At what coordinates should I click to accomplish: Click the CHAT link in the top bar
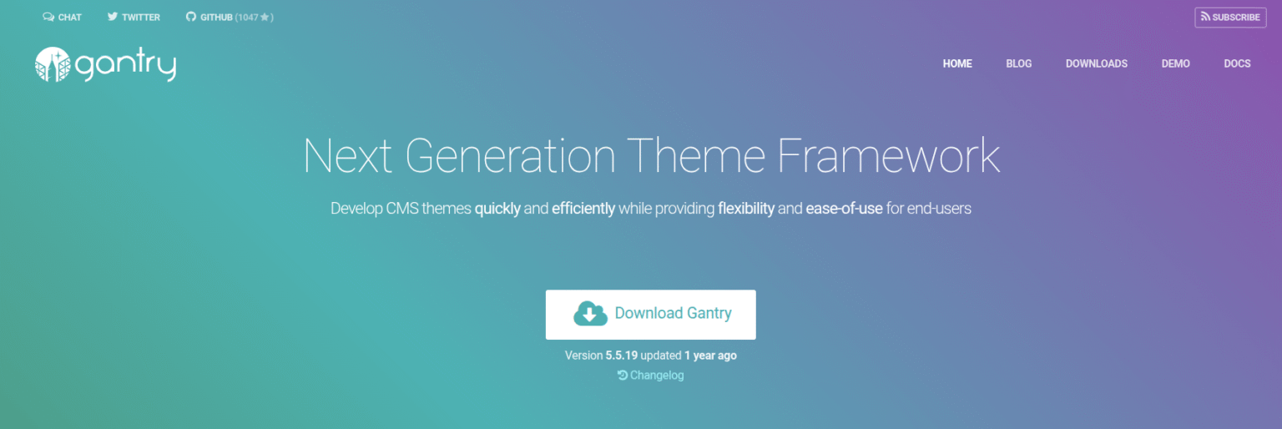click(63, 18)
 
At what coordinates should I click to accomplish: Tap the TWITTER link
click(134, 18)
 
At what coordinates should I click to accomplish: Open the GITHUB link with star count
click(230, 18)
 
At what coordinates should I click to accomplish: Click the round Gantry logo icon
click(53, 64)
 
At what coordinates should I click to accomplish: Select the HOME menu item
click(957, 63)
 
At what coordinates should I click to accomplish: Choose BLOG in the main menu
click(1018, 63)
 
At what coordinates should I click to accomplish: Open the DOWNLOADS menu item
click(1096, 63)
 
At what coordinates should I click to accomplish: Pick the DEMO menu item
click(1175, 63)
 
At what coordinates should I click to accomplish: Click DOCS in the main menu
click(1237, 63)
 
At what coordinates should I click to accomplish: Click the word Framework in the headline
click(888, 156)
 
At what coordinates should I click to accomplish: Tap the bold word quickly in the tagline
click(497, 209)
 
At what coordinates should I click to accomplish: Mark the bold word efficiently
click(583, 209)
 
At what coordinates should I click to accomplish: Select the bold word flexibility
click(746, 209)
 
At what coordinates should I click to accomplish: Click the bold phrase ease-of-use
click(844, 209)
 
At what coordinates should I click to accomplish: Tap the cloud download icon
click(590, 314)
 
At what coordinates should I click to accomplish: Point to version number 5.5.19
click(621, 356)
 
